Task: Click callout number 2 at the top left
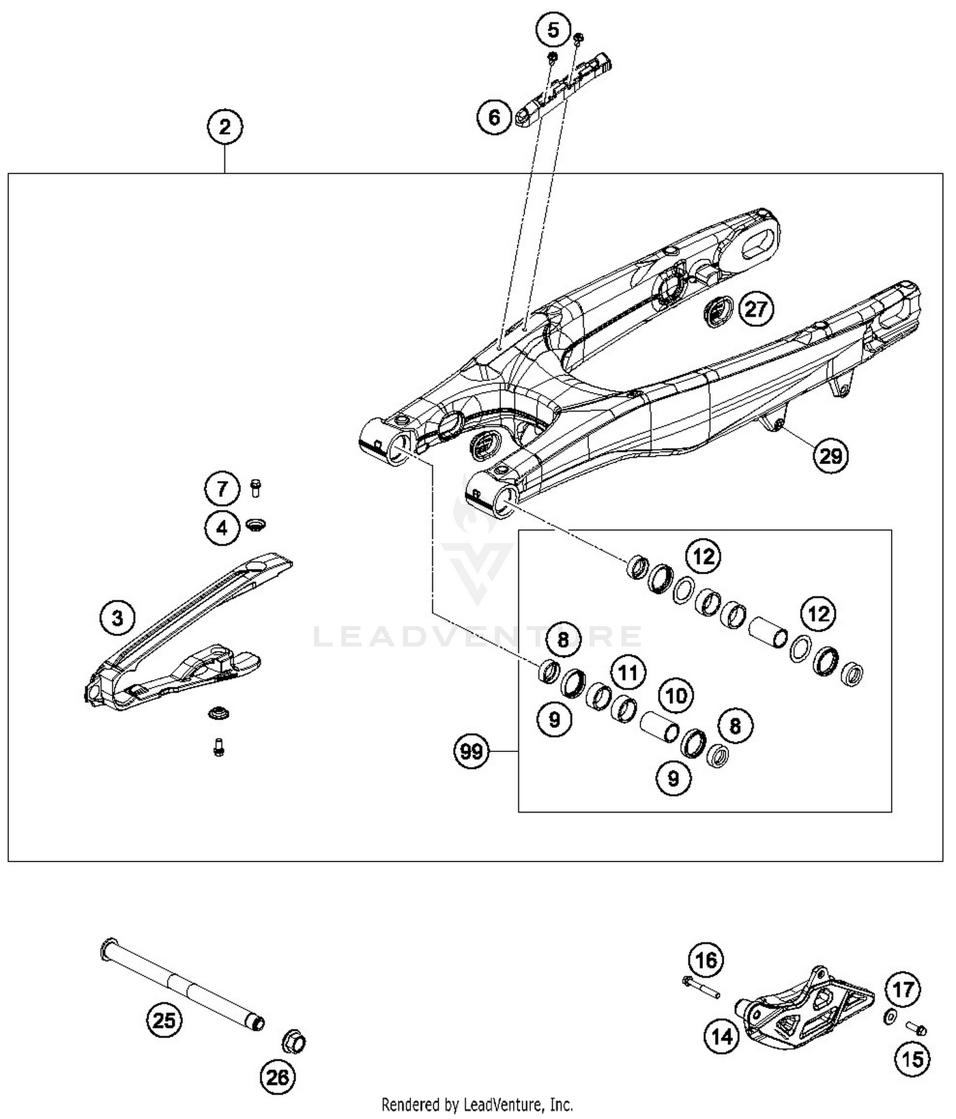coord(224,127)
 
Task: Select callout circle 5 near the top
coord(553,30)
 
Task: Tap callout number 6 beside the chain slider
coord(495,117)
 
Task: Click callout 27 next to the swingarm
coord(756,310)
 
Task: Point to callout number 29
coord(830,456)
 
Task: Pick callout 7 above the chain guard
coord(222,489)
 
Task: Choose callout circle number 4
coord(222,528)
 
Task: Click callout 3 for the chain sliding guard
coord(117,617)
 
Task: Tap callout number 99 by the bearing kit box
coord(471,752)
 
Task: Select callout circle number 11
coord(628,673)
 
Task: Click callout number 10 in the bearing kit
coord(676,695)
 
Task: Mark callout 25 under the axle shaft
coord(164,1021)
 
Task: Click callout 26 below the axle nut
coord(278,1078)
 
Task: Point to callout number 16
coord(706,960)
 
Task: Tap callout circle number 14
coord(722,1037)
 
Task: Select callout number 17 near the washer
coord(903,990)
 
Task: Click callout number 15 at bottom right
coord(913,1059)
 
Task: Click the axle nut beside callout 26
coord(294,1043)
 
